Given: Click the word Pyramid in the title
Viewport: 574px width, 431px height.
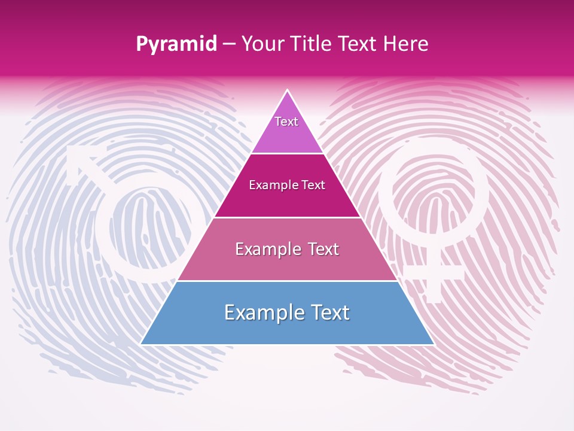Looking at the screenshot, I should pos(176,44).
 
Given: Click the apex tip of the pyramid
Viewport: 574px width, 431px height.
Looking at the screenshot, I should pos(288,91).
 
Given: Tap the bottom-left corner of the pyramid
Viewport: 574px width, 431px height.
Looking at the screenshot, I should pos(142,344).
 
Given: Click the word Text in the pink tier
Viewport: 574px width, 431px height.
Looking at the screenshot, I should pos(320,249).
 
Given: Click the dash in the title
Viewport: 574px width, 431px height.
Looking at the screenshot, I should pos(229,44).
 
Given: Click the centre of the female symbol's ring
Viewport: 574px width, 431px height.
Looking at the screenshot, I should pos(433,195).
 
